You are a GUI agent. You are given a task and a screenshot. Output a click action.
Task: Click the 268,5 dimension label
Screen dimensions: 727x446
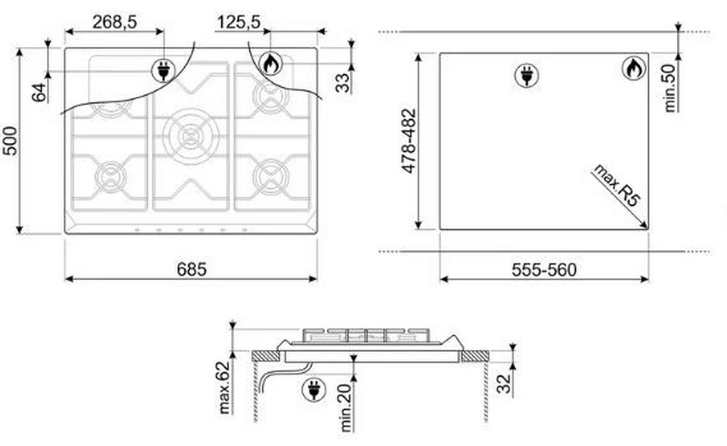coord(115,22)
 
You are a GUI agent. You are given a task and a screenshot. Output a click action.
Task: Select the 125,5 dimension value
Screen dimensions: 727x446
coord(239,22)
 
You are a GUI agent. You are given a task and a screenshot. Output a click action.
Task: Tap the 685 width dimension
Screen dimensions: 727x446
coord(191,269)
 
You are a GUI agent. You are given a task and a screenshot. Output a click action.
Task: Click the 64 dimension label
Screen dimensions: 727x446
coord(39,93)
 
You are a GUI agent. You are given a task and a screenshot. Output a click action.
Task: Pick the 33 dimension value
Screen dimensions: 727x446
coord(342,83)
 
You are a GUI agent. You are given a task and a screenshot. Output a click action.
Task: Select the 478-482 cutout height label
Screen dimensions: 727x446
coord(408,141)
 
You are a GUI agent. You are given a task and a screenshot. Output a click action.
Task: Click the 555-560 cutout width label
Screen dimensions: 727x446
coord(544,270)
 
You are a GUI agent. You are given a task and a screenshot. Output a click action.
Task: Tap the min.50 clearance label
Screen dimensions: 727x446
coord(670,88)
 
